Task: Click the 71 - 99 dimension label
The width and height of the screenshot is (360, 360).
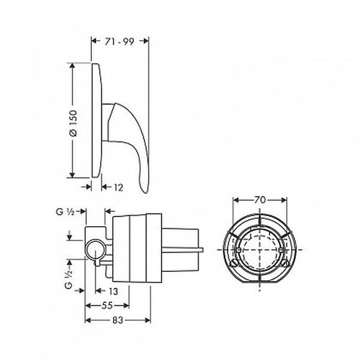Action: [119, 41]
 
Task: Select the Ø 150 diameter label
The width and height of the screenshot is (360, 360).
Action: [73, 123]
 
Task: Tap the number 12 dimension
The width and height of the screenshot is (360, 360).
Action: [118, 187]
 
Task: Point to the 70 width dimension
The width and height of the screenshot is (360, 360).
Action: [260, 200]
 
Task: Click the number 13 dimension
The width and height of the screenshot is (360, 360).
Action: [113, 291]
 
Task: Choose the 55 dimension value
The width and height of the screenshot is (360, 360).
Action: [107, 305]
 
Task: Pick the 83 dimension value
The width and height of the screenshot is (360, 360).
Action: [118, 320]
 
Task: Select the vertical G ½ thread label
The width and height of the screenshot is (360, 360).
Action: [68, 279]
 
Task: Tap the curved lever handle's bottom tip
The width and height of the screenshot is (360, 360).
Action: [145, 193]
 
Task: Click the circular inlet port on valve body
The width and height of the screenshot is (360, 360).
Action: [95, 250]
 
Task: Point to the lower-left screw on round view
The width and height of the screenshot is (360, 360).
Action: [234, 263]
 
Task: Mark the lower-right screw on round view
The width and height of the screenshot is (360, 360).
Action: [285, 262]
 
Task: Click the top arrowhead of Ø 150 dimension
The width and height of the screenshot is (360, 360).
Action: [73, 65]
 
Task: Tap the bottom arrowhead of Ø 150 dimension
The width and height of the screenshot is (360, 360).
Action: [73, 175]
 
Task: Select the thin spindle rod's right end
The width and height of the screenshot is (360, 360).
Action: [203, 250]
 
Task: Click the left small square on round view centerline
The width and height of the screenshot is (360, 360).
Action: [239, 250]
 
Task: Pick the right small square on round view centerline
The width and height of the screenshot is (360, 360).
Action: [281, 250]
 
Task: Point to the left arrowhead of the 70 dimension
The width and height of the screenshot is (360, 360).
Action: [236, 200]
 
